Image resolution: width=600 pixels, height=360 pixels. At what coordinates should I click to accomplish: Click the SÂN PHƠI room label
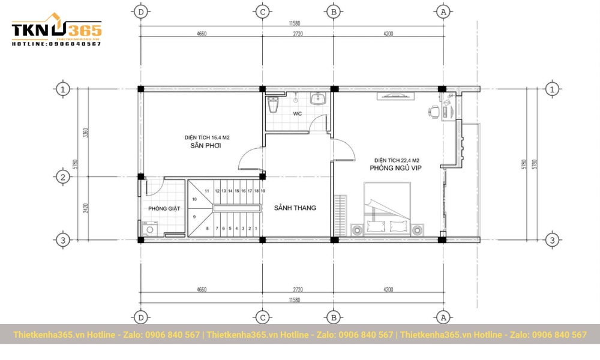(203, 146)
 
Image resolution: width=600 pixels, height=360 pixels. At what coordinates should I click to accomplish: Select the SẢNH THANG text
(295, 208)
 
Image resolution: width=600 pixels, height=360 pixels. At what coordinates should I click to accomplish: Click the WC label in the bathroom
(298, 113)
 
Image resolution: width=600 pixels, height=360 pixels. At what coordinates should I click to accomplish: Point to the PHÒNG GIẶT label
(164, 209)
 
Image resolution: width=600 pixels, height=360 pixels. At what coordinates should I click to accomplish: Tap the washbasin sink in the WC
(318, 98)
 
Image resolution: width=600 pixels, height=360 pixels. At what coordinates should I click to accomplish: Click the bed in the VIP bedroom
(387, 210)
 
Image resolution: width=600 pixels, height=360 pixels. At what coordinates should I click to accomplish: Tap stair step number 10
(194, 199)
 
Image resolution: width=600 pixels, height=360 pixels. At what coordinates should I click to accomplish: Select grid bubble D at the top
(141, 11)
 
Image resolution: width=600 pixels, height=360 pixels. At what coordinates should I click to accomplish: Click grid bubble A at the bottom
(443, 317)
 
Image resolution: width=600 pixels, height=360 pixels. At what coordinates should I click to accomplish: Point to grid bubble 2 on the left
(63, 177)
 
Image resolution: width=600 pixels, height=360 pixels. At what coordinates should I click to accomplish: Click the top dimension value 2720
(298, 34)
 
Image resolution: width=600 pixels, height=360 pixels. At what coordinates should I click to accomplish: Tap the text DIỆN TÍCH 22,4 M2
(396, 160)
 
